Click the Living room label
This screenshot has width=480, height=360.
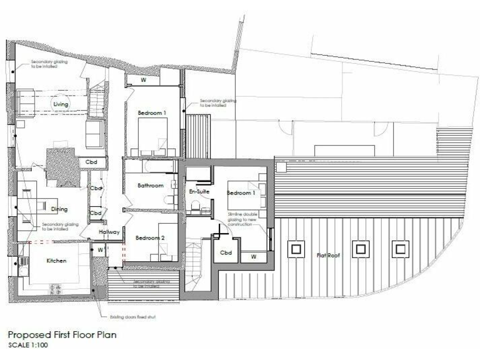point(61,104)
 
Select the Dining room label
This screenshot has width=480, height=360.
point(60,209)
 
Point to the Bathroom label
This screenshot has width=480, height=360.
point(150,186)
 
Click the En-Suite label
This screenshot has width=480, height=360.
point(198,192)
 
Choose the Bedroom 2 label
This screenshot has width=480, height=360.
point(150,238)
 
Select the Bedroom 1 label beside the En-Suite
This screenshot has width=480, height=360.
point(241,192)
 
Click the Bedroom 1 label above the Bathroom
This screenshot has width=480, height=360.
point(152,112)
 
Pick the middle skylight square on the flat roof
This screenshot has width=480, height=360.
point(360,249)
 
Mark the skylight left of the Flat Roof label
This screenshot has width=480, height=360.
point(292,249)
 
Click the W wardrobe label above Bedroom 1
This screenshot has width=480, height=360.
point(143,80)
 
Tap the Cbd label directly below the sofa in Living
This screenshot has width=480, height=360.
point(91,162)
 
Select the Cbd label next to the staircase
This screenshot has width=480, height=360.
point(226,253)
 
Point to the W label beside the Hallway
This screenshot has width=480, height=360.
point(99,249)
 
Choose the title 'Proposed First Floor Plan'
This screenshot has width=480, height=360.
point(62,335)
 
